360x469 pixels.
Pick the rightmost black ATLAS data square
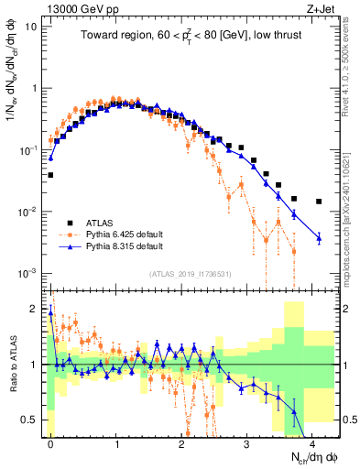click(319, 202)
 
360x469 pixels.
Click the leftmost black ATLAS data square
click(50, 174)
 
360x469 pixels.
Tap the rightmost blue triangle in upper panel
click(319, 238)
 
